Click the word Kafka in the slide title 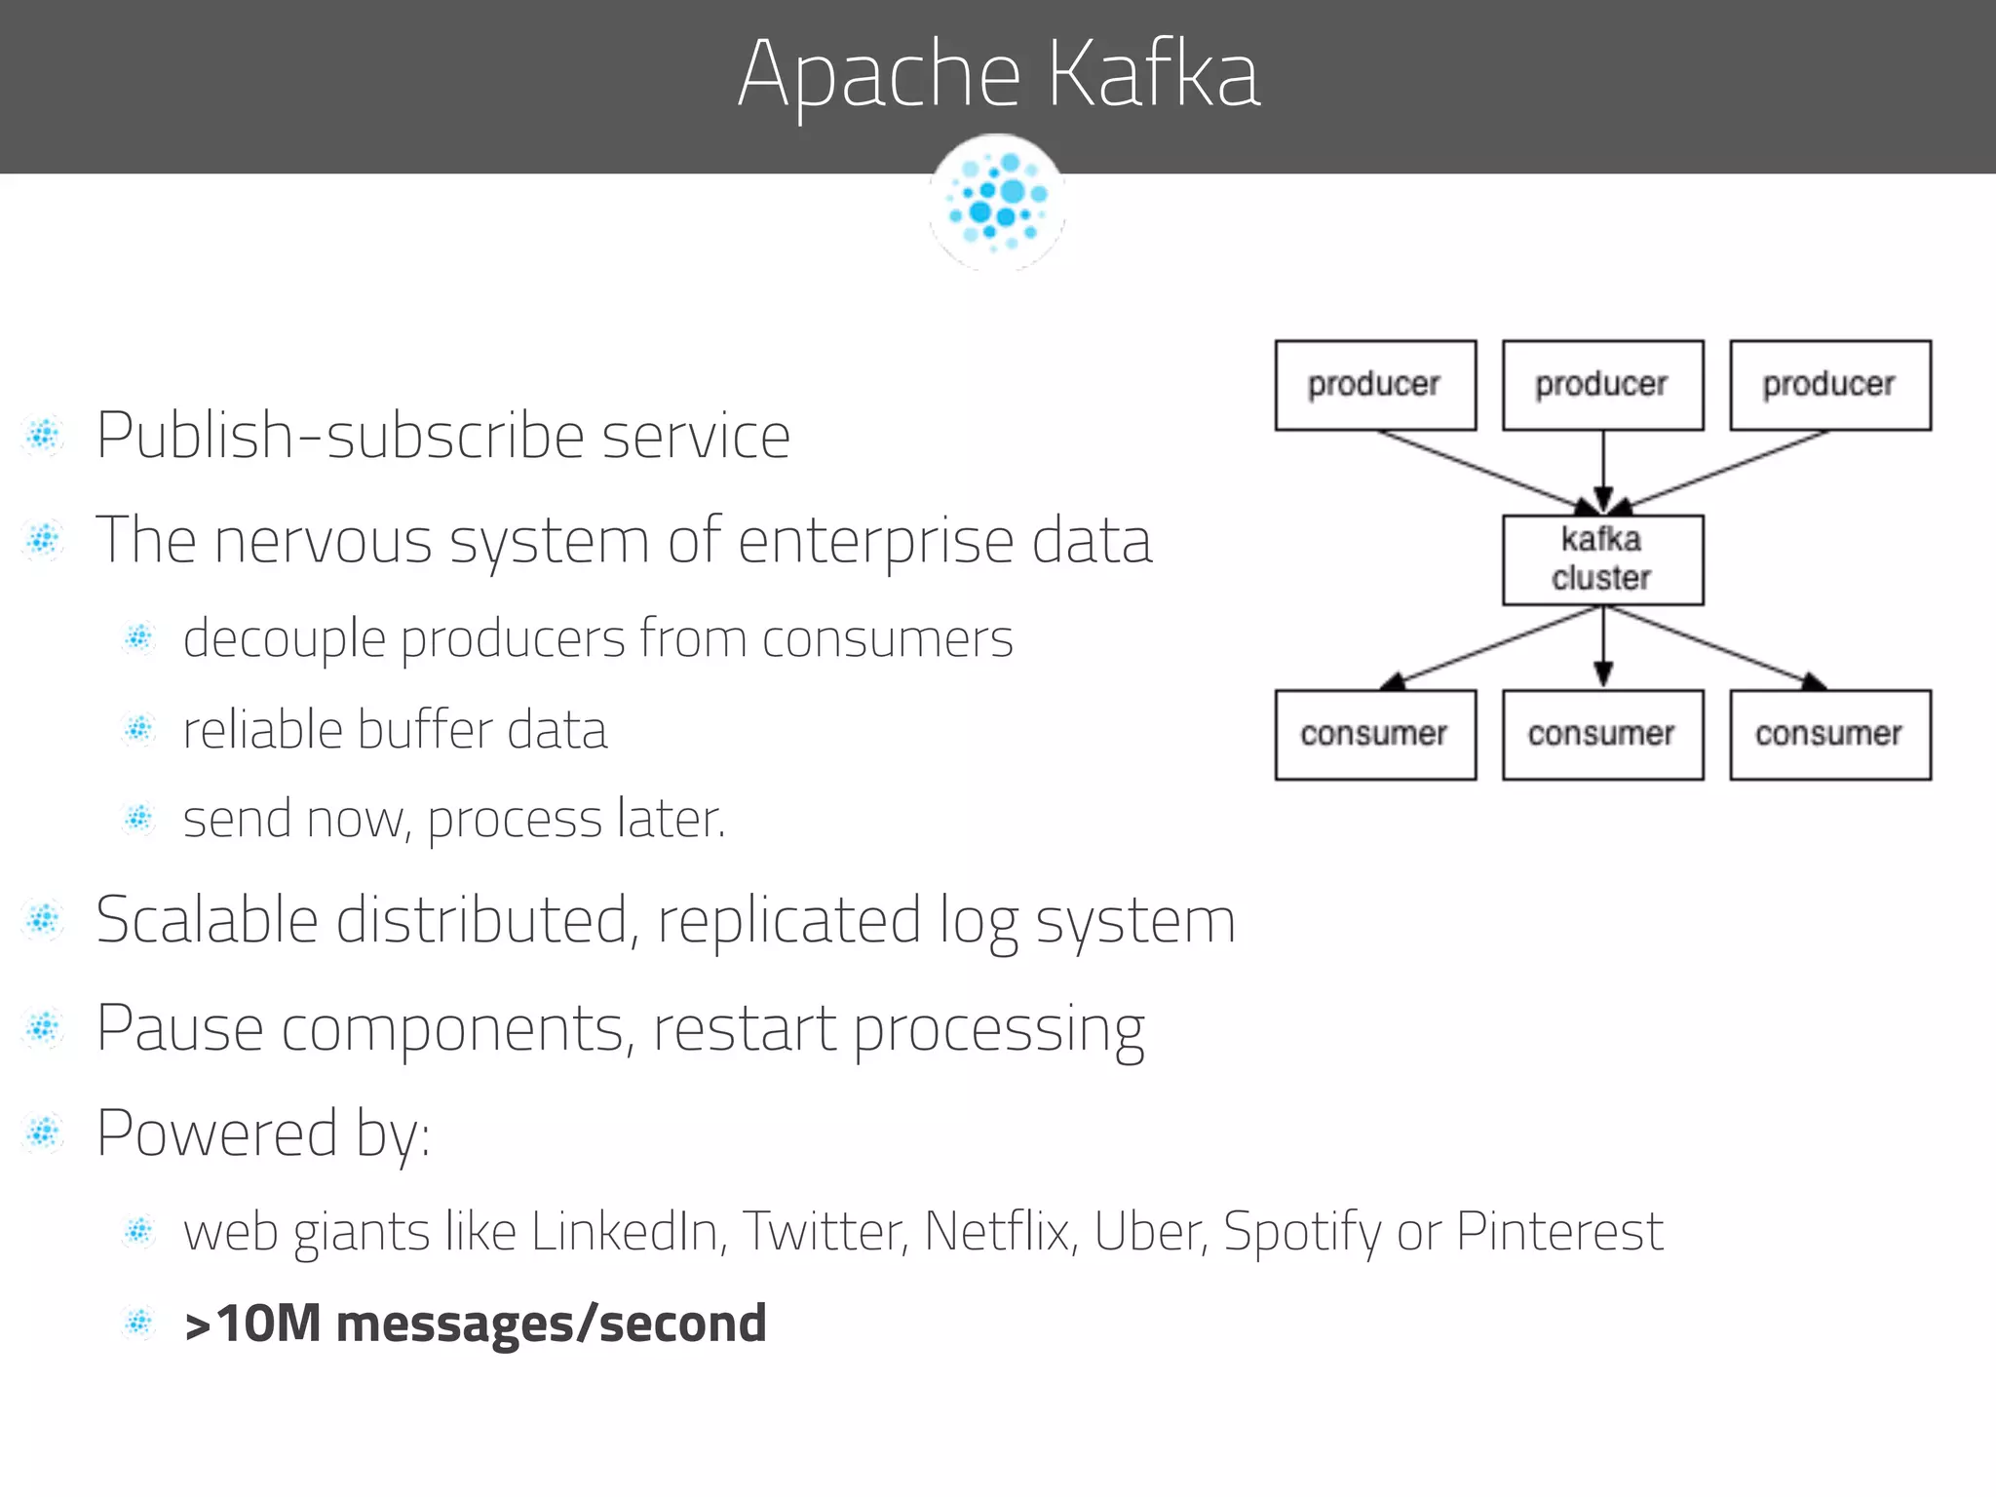[x=1154, y=74]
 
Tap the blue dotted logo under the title [x=997, y=203]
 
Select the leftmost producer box [x=1375, y=385]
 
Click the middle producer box [x=1602, y=385]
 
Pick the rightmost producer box [x=1830, y=385]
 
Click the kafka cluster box [x=1602, y=559]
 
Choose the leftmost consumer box [x=1375, y=735]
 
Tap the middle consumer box [x=1602, y=735]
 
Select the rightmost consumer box [x=1830, y=735]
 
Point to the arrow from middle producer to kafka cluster [x=1603, y=472]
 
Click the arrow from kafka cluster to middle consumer [x=1603, y=647]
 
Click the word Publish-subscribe [x=339, y=436]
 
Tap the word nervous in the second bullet [x=323, y=541]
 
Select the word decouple [x=285, y=640]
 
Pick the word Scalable [x=207, y=920]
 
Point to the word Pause [x=179, y=1028]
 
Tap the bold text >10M [x=251, y=1324]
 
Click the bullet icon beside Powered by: [x=44, y=1133]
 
